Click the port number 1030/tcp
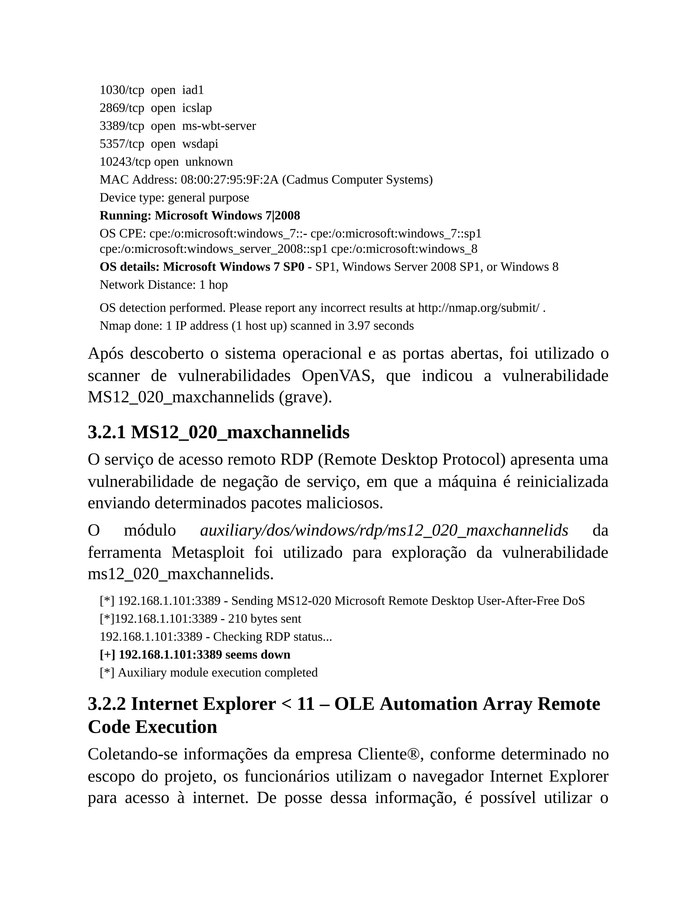click(x=122, y=90)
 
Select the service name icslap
click(x=197, y=108)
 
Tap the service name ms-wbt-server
click(x=219, y=126)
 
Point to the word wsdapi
click(x=200, y=144)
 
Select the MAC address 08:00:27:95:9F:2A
click(x=230, y=180)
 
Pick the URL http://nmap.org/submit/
click(x=479, y=308)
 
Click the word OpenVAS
click(x=338, y=376)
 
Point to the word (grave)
click(x=306, y=397)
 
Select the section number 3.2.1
click(x=107, y=432)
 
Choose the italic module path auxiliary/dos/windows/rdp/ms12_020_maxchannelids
click(x=384, y=531)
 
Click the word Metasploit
click(x=208, y=552)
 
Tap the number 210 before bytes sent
click(x=237, y=619)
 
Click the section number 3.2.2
click(x=107, y=704)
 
